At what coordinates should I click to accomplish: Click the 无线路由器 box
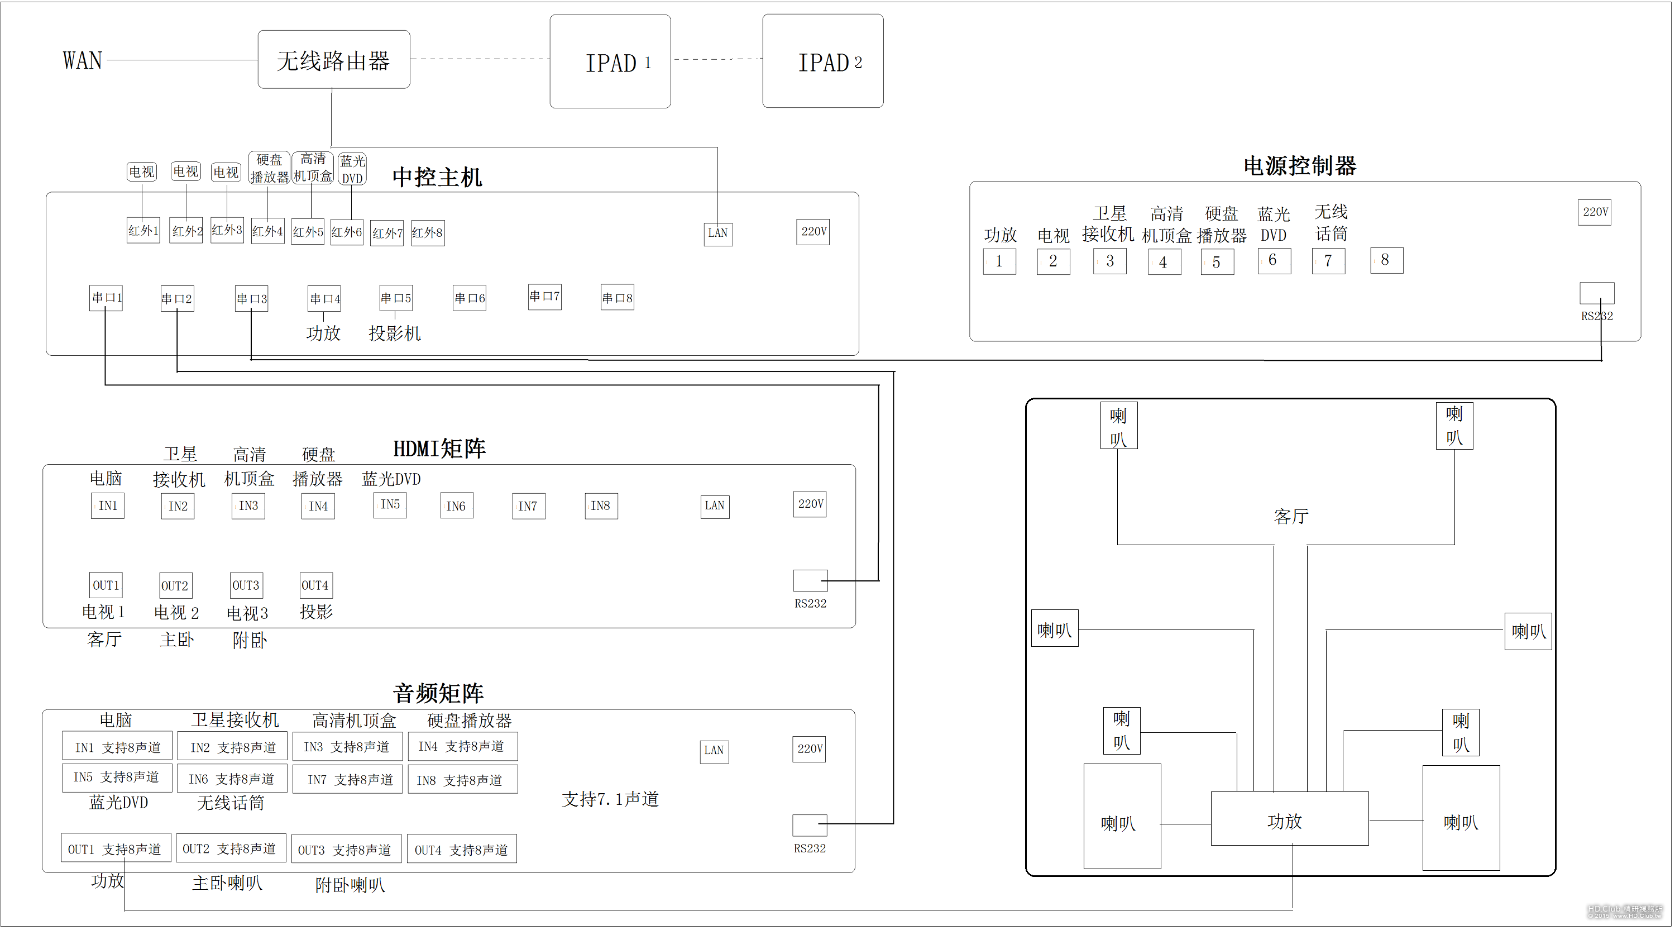pyautogui.click(x=333, y=60)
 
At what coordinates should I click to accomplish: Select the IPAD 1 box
pyautogui.click(x=610, y=62)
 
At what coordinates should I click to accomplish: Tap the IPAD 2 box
pyautogui.click(x=822, y=62)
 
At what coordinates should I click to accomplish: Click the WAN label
pyautogui.click(x=83, y=60)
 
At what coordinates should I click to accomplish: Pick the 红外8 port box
pyautogui.click(x=427, y=233)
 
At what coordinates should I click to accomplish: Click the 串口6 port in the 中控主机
pyautogui.click(x=470, y=298)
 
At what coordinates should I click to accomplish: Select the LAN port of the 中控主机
pyautogui.click(x=718, y=233)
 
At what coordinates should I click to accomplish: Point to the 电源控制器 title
pyautogui.click(x=1299, y=166)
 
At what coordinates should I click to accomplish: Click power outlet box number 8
pyautogui.click(x=1386, y=260)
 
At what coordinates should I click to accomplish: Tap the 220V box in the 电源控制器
pyautogui.click(x=1595, y=212)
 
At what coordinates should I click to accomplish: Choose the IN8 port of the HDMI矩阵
pyautogui.click(x=601, y=506)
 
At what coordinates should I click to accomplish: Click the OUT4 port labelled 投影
pyautogui.click(x=315, y=585)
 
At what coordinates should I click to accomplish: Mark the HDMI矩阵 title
pyautogui.click(x=439, y=449)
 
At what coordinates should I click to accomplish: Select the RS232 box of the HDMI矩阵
pyautogui.click(x=810, y=580)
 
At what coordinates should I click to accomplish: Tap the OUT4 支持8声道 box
pyautogui.click(x=462, y=850)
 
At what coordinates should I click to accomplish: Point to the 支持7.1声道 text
pyautogui.click(x=610, y=799)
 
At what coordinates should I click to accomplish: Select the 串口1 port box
pyautogui.click(x=106, y=298)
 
